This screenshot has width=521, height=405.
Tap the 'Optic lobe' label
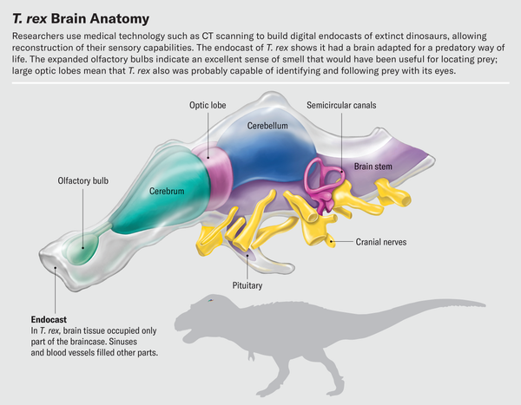pos(209,106)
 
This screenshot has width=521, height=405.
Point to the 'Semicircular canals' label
pos(341,106)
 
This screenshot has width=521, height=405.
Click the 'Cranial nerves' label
pos(381,242)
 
